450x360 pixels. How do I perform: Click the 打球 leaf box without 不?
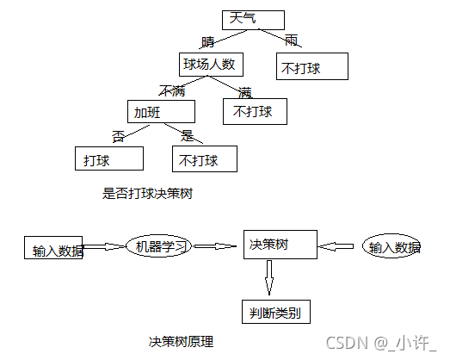tap(108, 159)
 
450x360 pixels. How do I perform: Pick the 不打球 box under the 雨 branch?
tap(312, 68)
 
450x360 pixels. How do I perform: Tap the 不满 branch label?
tap(170, 90)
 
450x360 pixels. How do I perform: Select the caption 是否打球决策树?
tap(146, 193)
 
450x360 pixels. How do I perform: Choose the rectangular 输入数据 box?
tap(53, 247)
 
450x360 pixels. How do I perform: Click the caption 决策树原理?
tap(181, 342)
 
